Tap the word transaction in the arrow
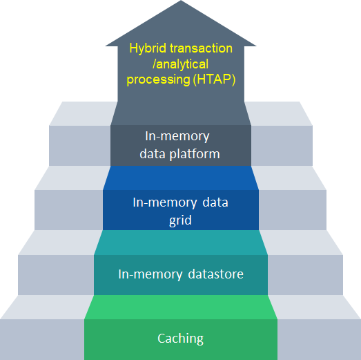(201, 48)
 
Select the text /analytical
(181, 64)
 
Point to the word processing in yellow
(158, 80)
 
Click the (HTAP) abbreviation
(214, 79)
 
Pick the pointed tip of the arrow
(181, 1)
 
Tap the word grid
(180, 220)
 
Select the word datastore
(216, 274)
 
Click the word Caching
(181, 339)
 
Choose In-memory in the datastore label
(150, 274)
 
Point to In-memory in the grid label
(164, 203)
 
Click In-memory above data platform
(177, 136)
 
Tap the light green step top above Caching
(181, 307)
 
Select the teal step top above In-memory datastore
(181, 243)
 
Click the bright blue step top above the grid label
(181, 178)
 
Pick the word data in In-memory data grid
(215, 202)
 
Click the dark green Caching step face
(181, 339)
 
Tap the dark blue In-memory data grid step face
(181, 210)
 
